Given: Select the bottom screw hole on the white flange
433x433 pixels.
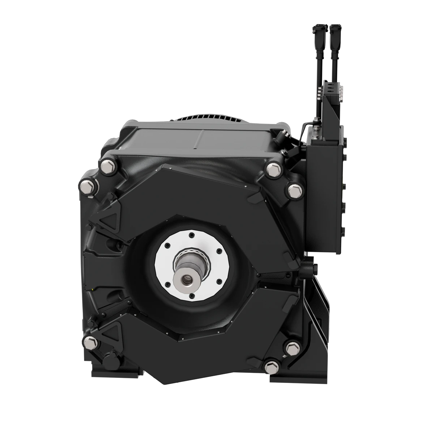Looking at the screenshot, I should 190,296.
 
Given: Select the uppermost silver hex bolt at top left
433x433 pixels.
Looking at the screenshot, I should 108,167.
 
